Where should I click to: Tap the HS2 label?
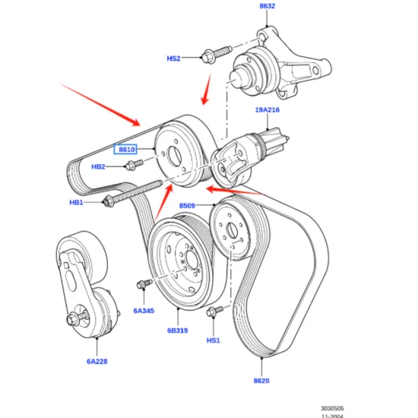(174, 58)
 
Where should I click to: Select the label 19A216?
(267, 110)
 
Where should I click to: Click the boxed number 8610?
(126, 150)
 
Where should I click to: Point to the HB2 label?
(99, 166)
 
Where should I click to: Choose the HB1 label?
(77, 202)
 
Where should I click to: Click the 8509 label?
(188, 206)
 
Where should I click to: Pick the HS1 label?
(214, 340)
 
